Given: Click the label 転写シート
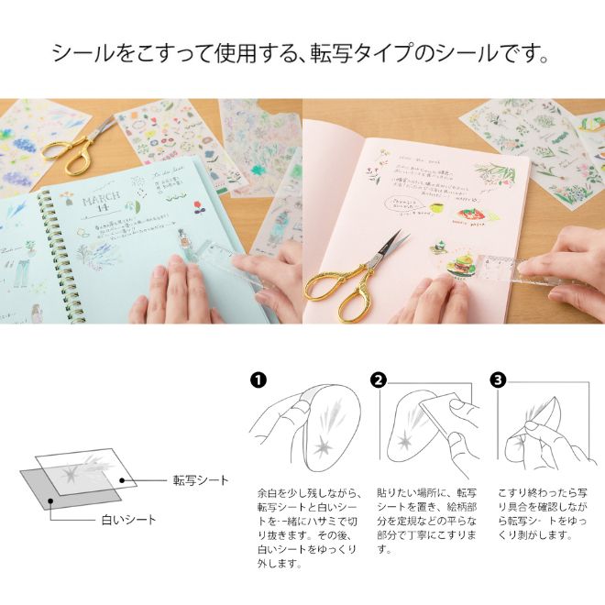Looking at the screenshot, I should click(201, 479).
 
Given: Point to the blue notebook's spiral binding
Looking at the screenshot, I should click(43, 247).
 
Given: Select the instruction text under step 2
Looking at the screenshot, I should click(418, 522).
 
